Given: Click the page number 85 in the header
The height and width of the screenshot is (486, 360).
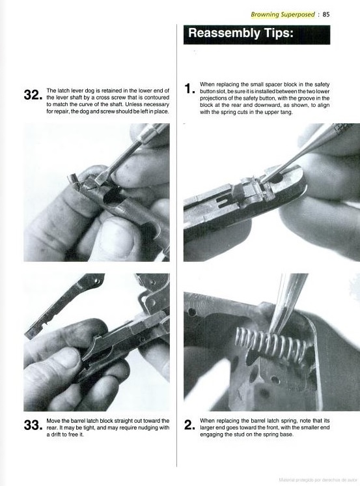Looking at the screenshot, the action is point(326,14).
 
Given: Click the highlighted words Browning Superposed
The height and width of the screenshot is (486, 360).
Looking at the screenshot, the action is point(283,14).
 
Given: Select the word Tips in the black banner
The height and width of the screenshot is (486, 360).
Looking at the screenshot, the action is point(279,33).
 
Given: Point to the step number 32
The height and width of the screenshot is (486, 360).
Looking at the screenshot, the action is point(33,95).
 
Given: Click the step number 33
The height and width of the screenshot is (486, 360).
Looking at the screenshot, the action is point(33,425).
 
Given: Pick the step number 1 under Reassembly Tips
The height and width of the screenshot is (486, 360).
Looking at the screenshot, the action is point(189,89).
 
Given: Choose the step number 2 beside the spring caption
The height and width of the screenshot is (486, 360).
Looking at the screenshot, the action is point(189,425).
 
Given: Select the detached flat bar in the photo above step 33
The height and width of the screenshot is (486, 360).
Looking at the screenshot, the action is point(64,306).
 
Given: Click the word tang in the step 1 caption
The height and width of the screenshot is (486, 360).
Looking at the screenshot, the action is point(287,112).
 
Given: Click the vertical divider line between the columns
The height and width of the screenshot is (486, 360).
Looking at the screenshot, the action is point(177,245).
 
